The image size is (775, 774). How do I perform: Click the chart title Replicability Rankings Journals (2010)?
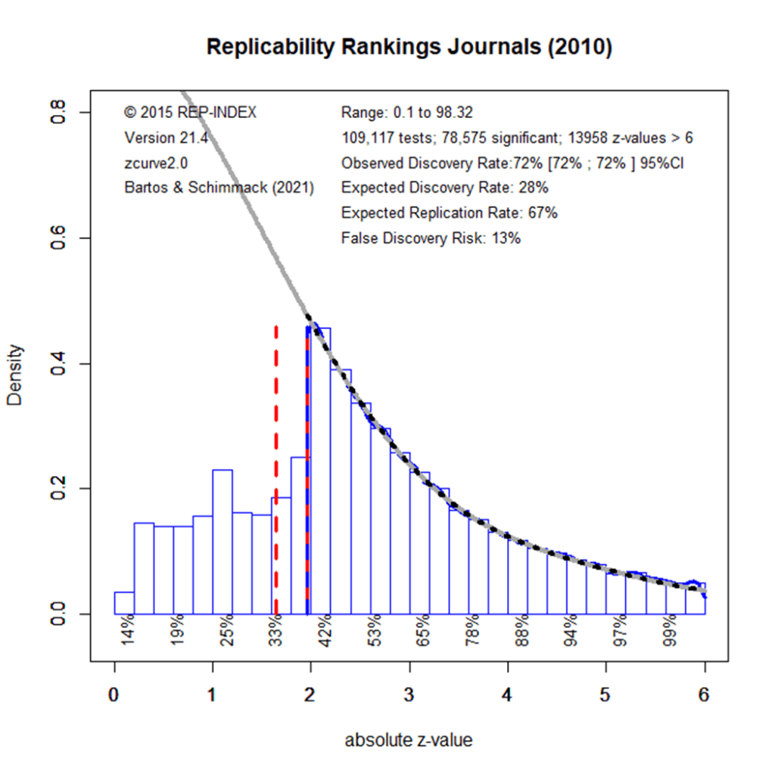[409, 47]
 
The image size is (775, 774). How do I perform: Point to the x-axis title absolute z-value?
[408, 740]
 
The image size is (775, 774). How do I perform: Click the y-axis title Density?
[16, 376]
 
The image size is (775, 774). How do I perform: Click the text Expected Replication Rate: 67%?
[450, 213]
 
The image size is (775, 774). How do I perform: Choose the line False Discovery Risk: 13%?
[431, 238]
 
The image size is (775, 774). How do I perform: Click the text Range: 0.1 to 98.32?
[407, 113]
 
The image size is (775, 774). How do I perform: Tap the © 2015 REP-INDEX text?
[191, 113]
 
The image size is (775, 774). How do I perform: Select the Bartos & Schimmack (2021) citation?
[219, 188]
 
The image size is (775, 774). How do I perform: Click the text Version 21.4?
[166, 138]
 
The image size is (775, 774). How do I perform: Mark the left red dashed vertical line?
[276, 469]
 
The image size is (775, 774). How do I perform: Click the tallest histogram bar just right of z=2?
[320, 469]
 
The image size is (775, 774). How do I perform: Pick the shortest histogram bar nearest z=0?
[124, 603]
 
